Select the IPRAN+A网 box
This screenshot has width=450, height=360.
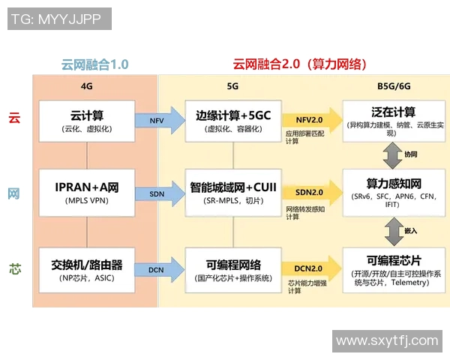coord(87,193)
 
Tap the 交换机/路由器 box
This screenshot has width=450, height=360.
coord(87,270)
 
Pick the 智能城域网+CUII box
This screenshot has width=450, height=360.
coord(233,193)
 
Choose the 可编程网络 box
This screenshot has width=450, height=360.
coord(233,270)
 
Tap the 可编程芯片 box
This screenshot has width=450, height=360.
coord(388,270)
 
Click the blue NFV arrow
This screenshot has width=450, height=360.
coord(160,120)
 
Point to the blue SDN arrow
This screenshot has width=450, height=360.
coord(160,193)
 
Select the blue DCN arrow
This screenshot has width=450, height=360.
coord(160,268)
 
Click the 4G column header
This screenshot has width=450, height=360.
coord(87,86)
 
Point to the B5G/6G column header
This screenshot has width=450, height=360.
coord(388,86)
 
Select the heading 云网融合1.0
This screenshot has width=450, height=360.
coord(94,64)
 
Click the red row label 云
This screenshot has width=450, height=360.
coord(14,117)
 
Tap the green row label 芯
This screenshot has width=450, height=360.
coord(14,268)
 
